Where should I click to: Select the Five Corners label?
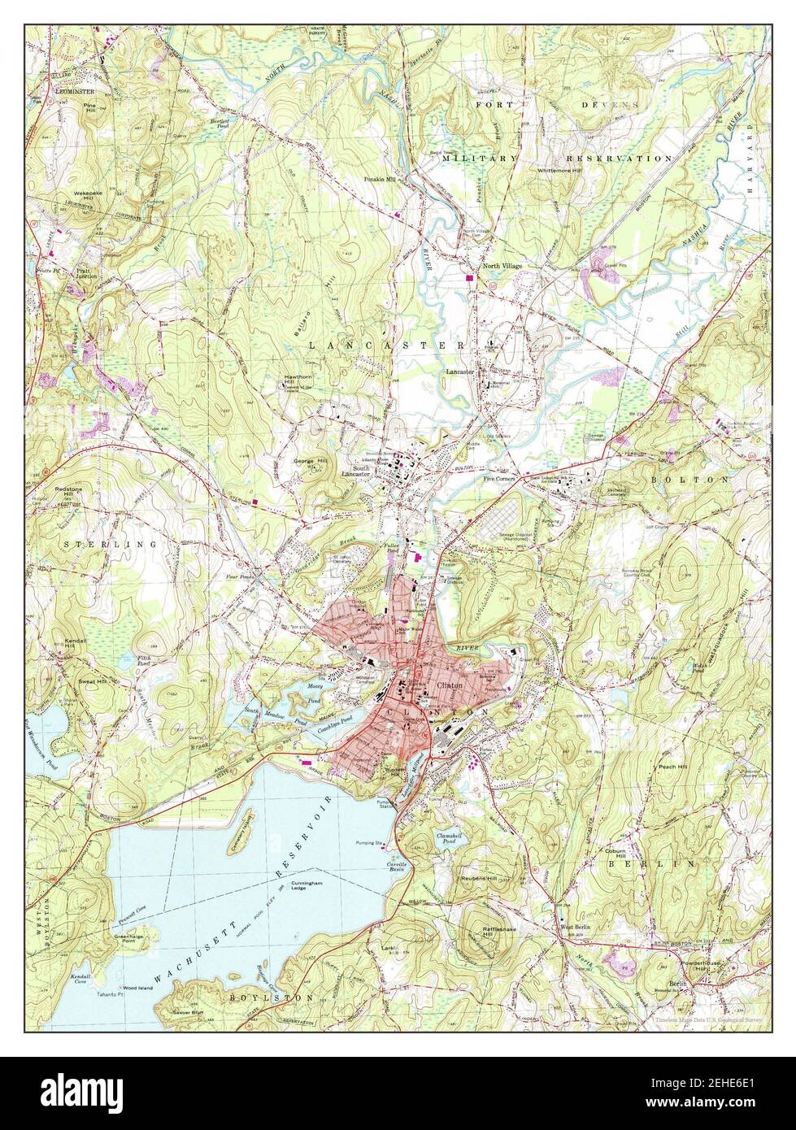[501, 479]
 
